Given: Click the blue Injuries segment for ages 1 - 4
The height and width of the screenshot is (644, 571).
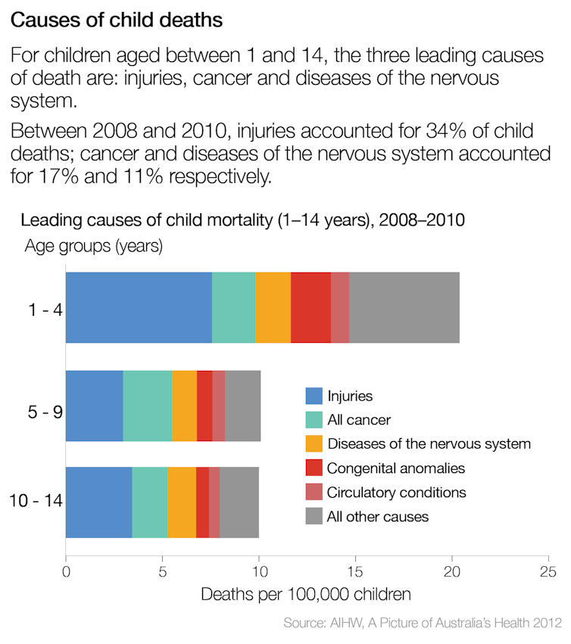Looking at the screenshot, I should click(139, 307).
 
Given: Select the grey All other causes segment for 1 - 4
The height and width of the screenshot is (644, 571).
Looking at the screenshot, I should click(404, 307).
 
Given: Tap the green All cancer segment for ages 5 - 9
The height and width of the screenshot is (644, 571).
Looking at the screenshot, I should click(148, 406).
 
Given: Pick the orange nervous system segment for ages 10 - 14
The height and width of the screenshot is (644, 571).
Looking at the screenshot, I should click(182, 502).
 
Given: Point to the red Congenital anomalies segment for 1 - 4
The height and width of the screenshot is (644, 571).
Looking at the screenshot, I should click(310, 307).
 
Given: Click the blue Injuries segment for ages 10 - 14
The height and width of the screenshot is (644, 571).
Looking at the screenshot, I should click(99, 502).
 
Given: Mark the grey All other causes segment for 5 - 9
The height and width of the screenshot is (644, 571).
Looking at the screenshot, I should click(243, 406).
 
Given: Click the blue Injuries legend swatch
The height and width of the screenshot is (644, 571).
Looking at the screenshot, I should click(314, 396).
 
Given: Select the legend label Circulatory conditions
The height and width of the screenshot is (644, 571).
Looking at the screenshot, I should click(396, 493).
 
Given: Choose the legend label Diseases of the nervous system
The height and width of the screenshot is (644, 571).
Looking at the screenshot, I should click(429, 444).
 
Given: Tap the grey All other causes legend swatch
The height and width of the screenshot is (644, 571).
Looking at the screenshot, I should click(314, 517).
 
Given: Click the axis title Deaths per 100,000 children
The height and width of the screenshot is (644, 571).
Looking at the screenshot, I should click(307, 594).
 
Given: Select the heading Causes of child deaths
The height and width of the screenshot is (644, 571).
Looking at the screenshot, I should click(117, 20).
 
